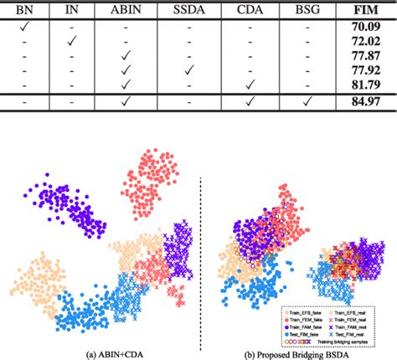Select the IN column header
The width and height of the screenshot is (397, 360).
click(x=72, y=12)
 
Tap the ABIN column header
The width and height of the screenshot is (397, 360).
click(x=126, y=12)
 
